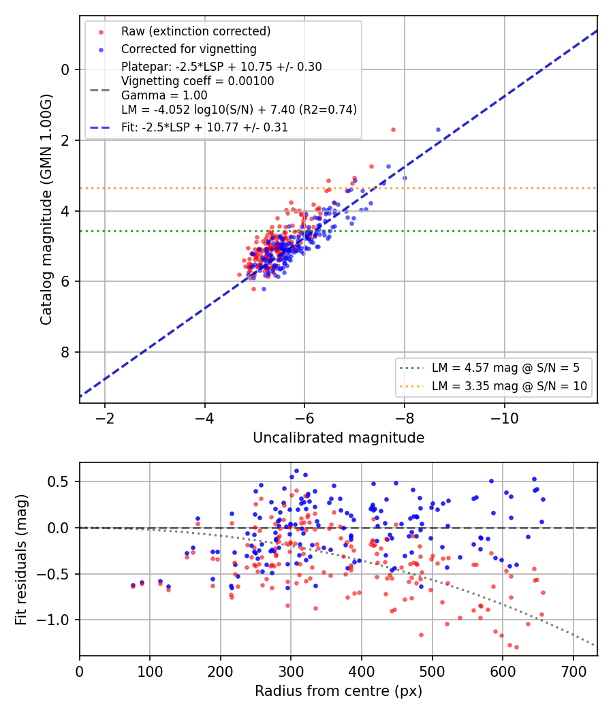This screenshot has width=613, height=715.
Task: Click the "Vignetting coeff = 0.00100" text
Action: coord(198,81)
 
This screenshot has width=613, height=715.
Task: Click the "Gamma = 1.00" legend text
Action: coord(164,95)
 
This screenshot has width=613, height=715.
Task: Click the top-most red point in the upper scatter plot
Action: coord(393,130)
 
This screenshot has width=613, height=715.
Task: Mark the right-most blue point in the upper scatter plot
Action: coord(439,130)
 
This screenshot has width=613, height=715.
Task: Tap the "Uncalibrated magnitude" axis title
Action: coord(339,438)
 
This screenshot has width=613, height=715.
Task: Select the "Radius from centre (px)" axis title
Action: coord(339,691)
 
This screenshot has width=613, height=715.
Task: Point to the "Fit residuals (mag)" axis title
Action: coord(20,560)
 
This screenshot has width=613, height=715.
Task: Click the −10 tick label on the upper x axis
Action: coord(504,419)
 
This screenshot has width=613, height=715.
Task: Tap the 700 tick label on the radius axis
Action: coord(573,671)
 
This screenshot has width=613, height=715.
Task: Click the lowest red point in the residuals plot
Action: coord(516,647)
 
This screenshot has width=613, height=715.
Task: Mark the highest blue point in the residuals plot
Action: coord(296,471)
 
